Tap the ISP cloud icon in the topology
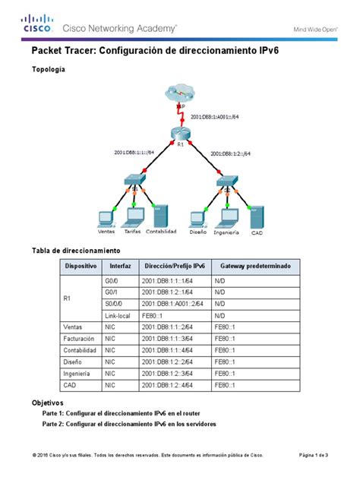pyautogui.click(x=180, y=94)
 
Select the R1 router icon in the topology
pyautogui.click(x=180, y=137)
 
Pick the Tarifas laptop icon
pyautogui.click(x=133, y=218)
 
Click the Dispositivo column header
pyautogui.click(x=81, y=267)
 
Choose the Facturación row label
pyautogui.click(x=80, y=338)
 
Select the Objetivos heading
pyautogui.click(x=47, y=402)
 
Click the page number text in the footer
pyautogui.click(x=314, y=455)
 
